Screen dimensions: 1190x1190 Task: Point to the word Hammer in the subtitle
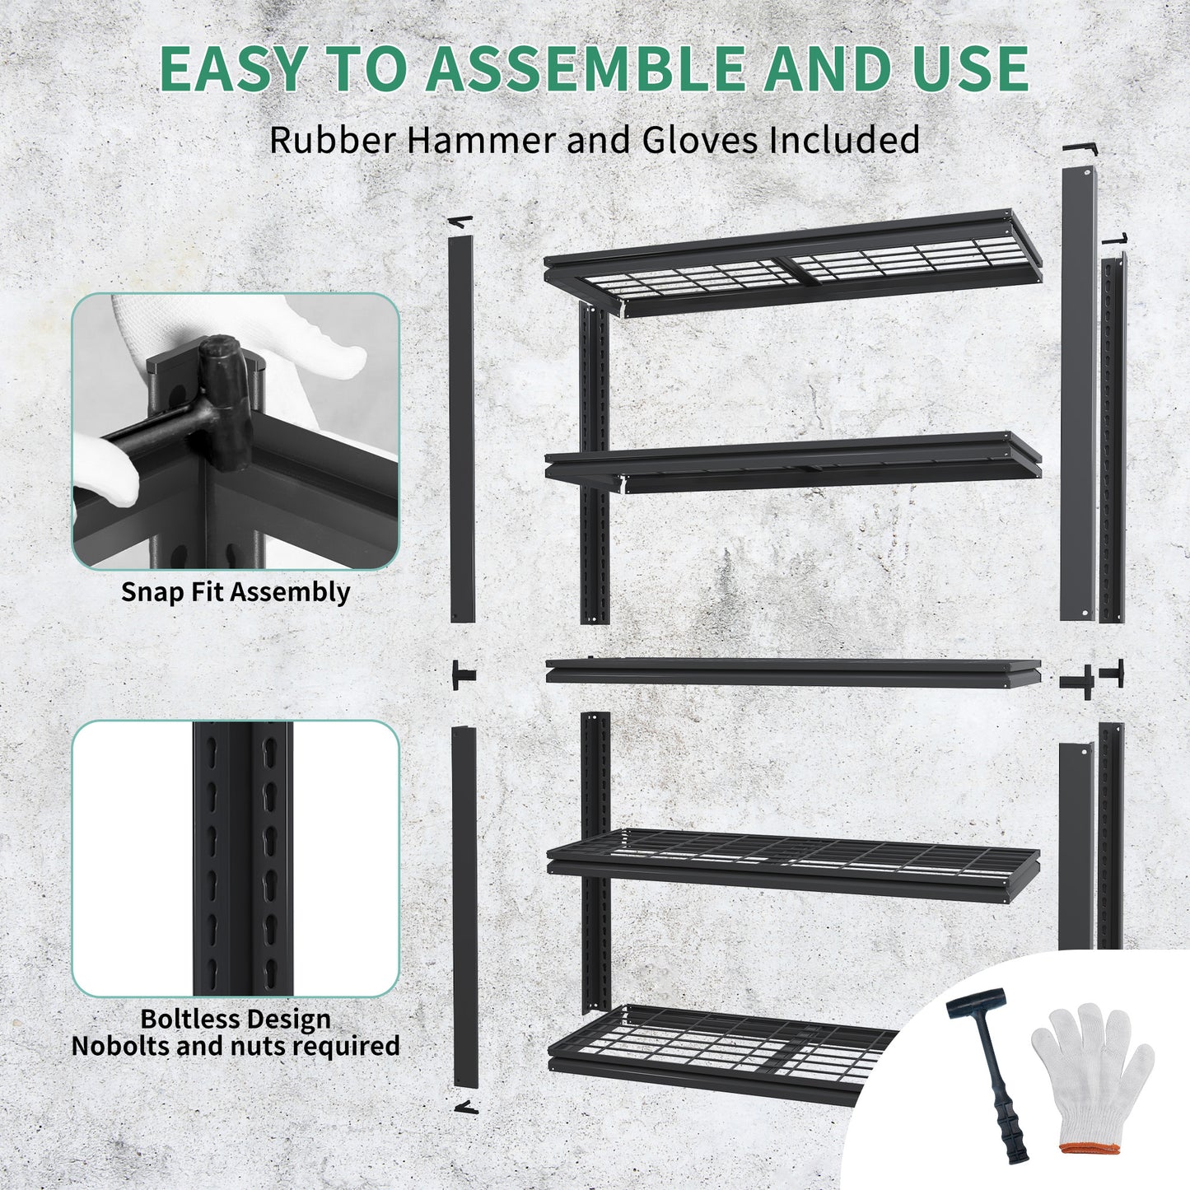pyautogui.click(x=482, y=140)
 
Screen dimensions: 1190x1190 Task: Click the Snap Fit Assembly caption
pyautogui.click(x=236, y=592)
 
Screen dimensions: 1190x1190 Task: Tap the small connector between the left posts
pyautogui.click(x=463, y=675)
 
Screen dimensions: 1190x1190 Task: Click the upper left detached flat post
pyautogui.click(x=462, y=428)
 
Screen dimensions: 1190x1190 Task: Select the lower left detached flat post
pyautogui.click(x=464, y=906)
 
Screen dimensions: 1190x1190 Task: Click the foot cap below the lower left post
pyautogui.click(x=466, y=1108)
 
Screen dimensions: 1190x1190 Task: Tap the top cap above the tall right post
pyautogui.click(x=1080, y=148)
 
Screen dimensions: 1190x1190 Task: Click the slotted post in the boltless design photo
pyautogui.click(x=243, y=856)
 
